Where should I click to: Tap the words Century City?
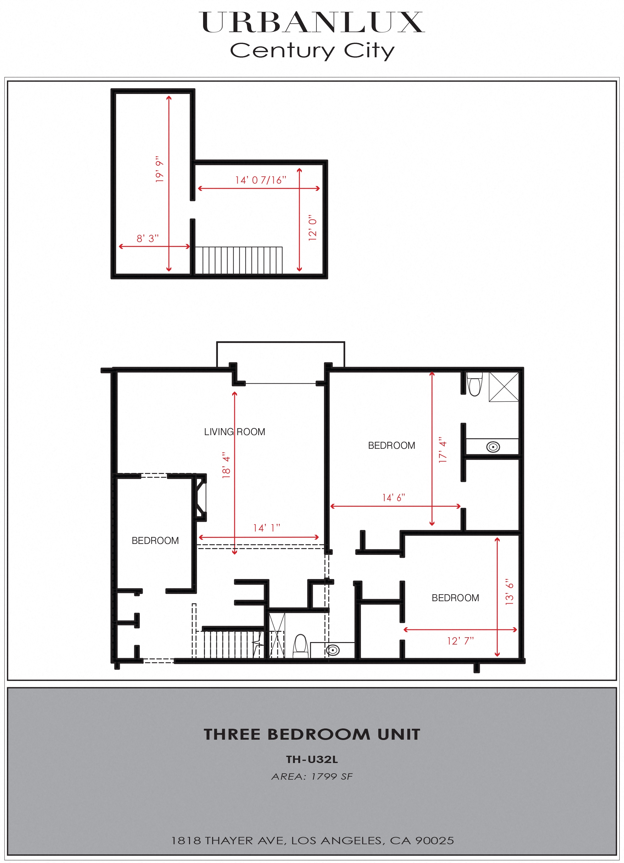(312, 50)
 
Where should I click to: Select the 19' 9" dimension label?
(159, 169)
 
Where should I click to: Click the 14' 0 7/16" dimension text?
(261, 180)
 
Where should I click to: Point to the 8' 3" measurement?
(148, 238)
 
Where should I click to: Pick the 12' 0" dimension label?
(312, 228)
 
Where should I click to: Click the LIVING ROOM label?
(234, 432)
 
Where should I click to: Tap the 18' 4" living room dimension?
(226, 465)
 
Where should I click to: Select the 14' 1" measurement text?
(266, 528)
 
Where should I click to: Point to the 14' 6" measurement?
(393, 498)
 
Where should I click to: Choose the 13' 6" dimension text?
(509, 592)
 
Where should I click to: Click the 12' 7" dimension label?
(460, 641)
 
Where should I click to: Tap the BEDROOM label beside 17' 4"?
(392, 445)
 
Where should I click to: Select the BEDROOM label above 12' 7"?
(455, 598)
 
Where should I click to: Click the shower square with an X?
(503, 387)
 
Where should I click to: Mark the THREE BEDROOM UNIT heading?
(312, 735)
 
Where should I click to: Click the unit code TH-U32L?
(312, 759)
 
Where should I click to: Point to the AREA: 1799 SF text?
(312, 777)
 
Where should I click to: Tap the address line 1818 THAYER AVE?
(312, 841)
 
